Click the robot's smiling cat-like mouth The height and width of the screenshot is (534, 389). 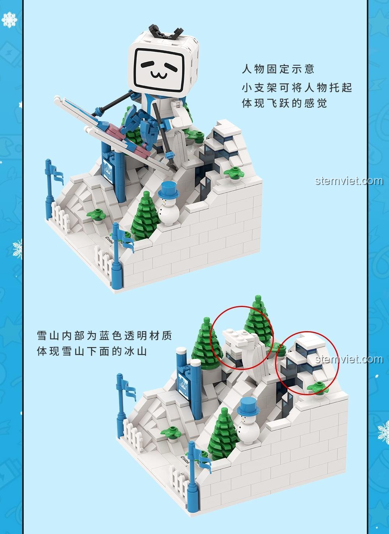click(159, 75)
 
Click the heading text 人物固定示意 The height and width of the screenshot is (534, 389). click(278, 69)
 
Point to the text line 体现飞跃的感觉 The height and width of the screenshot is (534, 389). click(284, 103)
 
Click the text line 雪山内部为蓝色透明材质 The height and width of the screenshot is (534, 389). click(105, 336)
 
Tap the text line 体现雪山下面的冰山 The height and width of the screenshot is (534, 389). click(92, 351)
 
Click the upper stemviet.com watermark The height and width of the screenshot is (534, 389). click(349, 181)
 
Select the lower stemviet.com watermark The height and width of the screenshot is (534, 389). click(349, 359)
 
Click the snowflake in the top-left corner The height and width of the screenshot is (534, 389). click(9, 20)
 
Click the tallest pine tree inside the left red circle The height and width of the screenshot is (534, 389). click(258, 321)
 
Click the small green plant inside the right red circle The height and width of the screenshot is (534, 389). click(318, 387)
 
